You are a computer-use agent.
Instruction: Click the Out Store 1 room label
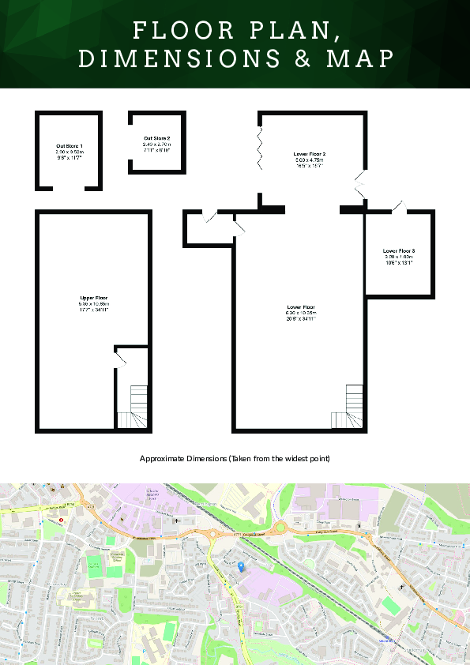click(x=70, y=146)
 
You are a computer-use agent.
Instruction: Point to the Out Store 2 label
click(x=156, y=139)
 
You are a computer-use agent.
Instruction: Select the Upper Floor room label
click(x=93, y=297)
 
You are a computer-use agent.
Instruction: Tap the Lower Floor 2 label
click(x=310, y=153)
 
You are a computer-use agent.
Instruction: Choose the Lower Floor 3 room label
click(x=399, y=250)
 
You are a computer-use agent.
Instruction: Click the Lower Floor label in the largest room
click(x=301, y=306)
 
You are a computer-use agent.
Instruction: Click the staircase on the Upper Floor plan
click(x=133, y=407)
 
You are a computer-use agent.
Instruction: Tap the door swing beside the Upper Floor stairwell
click(x=121, y=358)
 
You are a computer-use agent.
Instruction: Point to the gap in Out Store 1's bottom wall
click(x=69, y=188)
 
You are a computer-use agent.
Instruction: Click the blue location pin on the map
click(x=241, y=565)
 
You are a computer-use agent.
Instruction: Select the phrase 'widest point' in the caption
click(x=309, y=459)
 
